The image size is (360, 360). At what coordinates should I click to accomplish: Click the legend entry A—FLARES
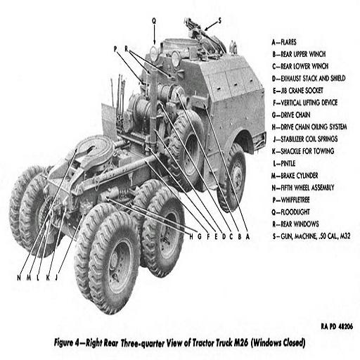[x=284, y=42]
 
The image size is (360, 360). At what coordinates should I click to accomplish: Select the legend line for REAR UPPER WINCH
[x=299, y=54]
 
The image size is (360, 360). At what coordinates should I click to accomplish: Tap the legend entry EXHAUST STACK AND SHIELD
[x=309, y=78]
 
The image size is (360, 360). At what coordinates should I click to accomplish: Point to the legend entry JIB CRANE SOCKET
[x=298, y=91]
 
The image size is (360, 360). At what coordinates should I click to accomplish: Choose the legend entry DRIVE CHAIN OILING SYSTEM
[x=309, y=127]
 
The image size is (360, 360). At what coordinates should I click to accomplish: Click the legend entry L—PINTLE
[x=284, y=163]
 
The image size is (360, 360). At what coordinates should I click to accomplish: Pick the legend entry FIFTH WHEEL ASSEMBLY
[x=303, y=188]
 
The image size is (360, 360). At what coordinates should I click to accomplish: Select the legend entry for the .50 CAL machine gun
[x=311, y=236]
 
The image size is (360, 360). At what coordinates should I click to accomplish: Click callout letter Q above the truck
[x=154, y=21]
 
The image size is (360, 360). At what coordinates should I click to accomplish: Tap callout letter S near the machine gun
[x=219, y=21]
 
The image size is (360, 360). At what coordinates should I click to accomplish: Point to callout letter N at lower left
[x=19, y=278]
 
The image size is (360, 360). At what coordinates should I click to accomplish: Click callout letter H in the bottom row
[x=191, y=237]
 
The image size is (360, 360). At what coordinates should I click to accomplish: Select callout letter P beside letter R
[x=115, y=49]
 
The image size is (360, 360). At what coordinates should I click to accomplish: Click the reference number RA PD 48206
[x=337, y=326]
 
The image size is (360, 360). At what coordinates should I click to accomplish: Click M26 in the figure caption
[x=241, y=343]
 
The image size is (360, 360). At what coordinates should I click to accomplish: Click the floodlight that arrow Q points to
[x=153, y=53]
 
